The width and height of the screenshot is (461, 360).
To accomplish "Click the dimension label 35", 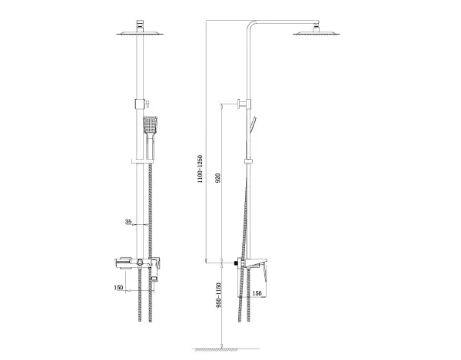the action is pos(128,222).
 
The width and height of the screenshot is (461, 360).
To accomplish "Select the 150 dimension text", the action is pos(118,287).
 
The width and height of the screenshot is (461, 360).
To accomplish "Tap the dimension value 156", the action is pos(257,293).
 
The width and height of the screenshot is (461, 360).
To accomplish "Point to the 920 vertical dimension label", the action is pos(218,178).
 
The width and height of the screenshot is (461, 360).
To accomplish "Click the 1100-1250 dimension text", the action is pos(200,169).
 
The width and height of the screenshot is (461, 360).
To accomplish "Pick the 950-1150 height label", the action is pos(218,295).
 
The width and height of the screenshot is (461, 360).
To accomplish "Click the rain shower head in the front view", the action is pos(140,33).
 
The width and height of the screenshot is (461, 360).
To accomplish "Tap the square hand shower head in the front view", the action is pos(150,125).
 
